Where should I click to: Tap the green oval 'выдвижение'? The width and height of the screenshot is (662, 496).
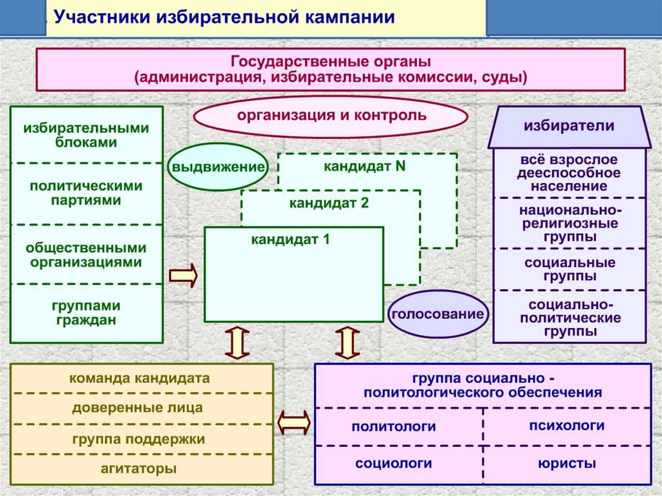tap(219, 166)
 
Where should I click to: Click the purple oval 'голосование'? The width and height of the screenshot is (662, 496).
tap(437, 315)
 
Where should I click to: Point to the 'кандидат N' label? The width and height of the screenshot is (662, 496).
tap(365, 166)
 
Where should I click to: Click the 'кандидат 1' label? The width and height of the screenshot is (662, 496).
tap(291, 239)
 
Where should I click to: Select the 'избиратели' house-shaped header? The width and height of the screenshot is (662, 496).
tap(569, 126)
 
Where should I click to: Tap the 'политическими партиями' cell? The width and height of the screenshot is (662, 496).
tap(86, 193)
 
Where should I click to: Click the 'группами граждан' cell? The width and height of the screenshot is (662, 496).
tap(86, 312)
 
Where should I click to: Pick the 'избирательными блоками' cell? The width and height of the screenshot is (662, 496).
tap(86, 135)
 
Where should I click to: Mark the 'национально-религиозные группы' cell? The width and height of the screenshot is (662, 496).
tap(569, 223)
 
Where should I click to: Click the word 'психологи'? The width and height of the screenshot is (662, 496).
tap(566, 426)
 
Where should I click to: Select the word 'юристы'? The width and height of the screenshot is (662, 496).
tap(566, 464)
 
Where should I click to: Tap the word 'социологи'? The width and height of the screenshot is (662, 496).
tap(393, 464)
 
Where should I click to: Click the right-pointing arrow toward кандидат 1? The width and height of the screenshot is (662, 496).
tap(183, 275)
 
